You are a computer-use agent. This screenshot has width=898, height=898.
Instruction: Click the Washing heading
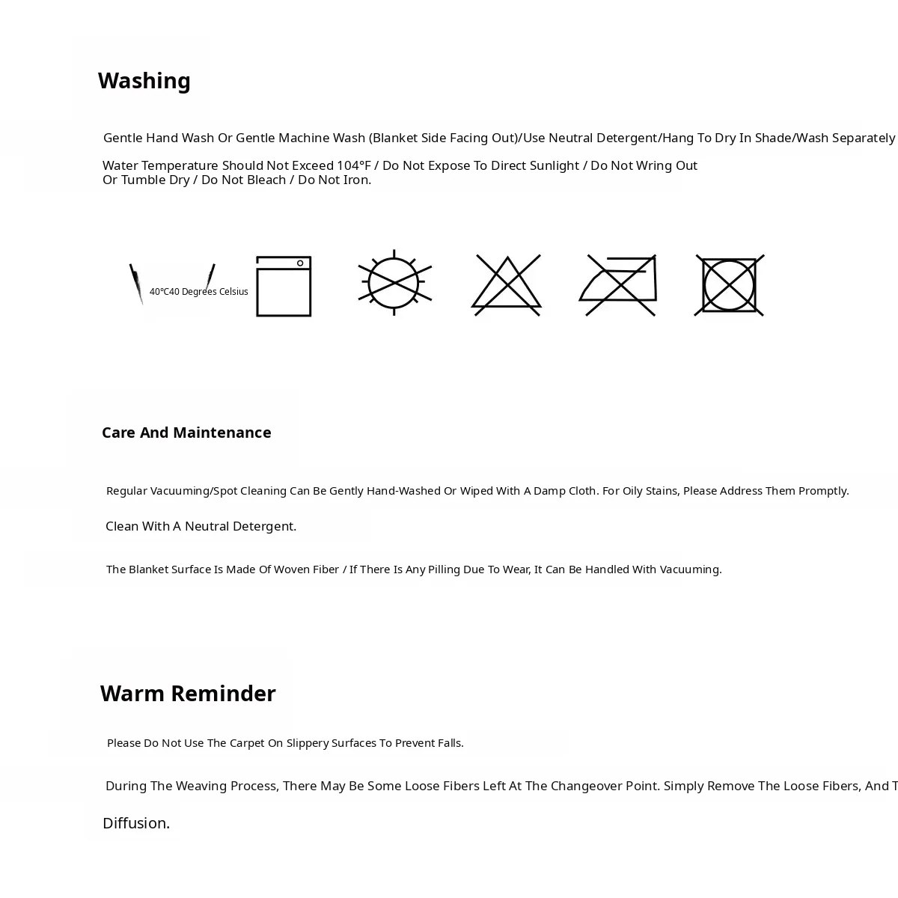144,81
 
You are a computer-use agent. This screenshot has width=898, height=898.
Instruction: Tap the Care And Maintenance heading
186,433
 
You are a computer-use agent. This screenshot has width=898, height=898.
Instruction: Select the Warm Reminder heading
188,694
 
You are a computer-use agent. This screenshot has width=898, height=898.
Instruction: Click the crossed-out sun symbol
394,283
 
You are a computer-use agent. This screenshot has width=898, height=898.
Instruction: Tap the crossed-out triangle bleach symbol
507,285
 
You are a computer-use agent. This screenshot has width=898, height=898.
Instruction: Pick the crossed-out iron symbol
619,285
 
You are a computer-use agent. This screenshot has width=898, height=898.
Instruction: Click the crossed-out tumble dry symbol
729,285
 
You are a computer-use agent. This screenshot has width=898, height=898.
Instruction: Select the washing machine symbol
284,287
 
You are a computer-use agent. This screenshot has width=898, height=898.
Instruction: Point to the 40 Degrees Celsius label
198,292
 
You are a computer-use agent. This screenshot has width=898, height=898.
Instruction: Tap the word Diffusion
136,823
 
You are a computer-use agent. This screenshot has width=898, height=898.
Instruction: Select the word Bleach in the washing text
266,180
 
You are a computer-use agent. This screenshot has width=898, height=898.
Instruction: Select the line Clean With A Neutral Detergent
201,526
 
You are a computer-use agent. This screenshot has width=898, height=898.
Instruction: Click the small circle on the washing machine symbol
300,263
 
